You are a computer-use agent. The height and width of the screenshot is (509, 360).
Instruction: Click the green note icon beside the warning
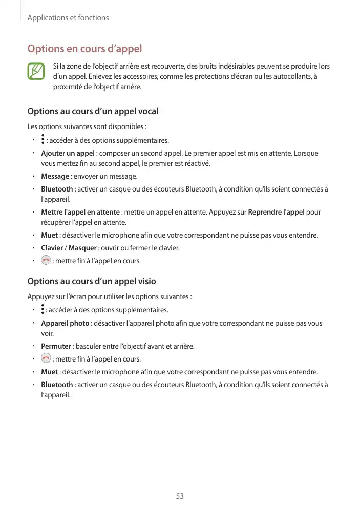click(36, 72)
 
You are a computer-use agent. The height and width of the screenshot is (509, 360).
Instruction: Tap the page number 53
click(180, 496)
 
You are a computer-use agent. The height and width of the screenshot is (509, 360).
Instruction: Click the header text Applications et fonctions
click(68, 18)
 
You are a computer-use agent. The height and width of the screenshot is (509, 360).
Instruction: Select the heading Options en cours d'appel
click(84, 49)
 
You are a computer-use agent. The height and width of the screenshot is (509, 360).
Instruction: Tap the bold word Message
click(55, 176)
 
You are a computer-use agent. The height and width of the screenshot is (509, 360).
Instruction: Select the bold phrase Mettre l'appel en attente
click(80, 212)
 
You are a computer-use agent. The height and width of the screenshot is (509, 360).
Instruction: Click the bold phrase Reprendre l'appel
click(277, 212)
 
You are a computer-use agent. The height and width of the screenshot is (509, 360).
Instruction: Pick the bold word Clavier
click(52, 248)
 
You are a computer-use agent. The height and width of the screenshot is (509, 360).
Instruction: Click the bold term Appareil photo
click(65, 323)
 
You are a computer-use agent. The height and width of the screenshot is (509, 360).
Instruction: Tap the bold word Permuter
click(56, 346)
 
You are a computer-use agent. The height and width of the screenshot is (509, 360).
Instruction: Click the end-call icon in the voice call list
click(46, 261)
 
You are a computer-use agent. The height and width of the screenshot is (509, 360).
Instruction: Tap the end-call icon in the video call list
click(46, 359)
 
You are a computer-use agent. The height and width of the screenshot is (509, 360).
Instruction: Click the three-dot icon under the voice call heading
click(43, 140)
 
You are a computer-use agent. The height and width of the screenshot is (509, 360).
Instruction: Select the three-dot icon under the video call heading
click(43, 310)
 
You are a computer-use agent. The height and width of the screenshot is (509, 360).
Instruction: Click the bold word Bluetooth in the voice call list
click(57, 189)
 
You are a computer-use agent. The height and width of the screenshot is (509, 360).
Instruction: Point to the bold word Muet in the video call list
click(49, 372)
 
